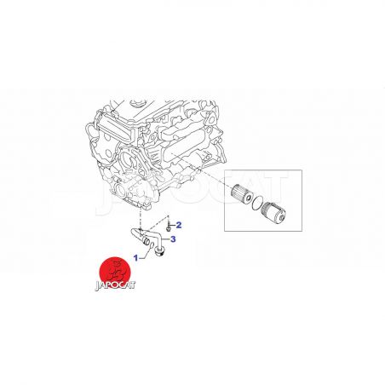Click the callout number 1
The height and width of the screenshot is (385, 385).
[135, 258]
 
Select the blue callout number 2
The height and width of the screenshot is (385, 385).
[179, 225]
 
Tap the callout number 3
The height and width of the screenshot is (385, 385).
[173, 239]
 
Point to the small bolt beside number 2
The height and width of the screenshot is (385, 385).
[169, 226]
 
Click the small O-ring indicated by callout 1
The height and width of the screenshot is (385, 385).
[152, 244]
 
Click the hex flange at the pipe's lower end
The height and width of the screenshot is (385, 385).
[159, 251]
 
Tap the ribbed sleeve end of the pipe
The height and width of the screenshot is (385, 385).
[146, 242]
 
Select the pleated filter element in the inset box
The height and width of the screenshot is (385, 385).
[242, 194]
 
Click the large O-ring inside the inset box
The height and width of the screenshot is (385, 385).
[256, 204]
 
